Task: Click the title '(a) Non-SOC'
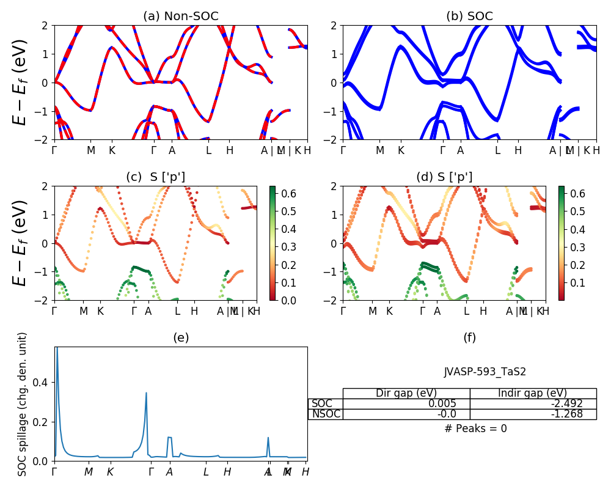click(x=180, y=17)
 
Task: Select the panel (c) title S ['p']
click(x=155, y=177)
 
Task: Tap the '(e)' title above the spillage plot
click(x=180, y=337)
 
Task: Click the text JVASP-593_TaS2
click(x=485, y=372)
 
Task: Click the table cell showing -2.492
click(x=533, y=403)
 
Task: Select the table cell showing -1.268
click(x=533, y=414)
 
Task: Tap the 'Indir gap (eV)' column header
click(x=533, y=393)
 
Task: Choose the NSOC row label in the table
click(x=326, y=414)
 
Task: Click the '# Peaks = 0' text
click(x=476, y=428)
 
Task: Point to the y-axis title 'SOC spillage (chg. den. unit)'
click(x=23, y=404)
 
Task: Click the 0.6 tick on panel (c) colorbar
click(x=283, y=193)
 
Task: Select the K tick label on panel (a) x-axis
click(x=112, y=150)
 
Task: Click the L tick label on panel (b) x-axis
click(x=497, y=150)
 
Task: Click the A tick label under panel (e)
click(x=169, y=472)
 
